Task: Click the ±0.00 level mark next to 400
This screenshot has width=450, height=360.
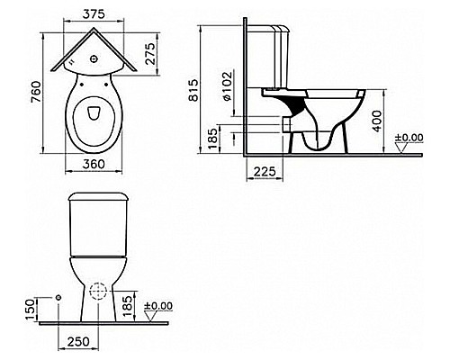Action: [x=412, y=138]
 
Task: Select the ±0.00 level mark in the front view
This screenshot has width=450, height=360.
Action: [x=162, y=305]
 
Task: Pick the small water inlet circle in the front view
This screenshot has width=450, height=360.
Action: [x=57, y=297]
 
